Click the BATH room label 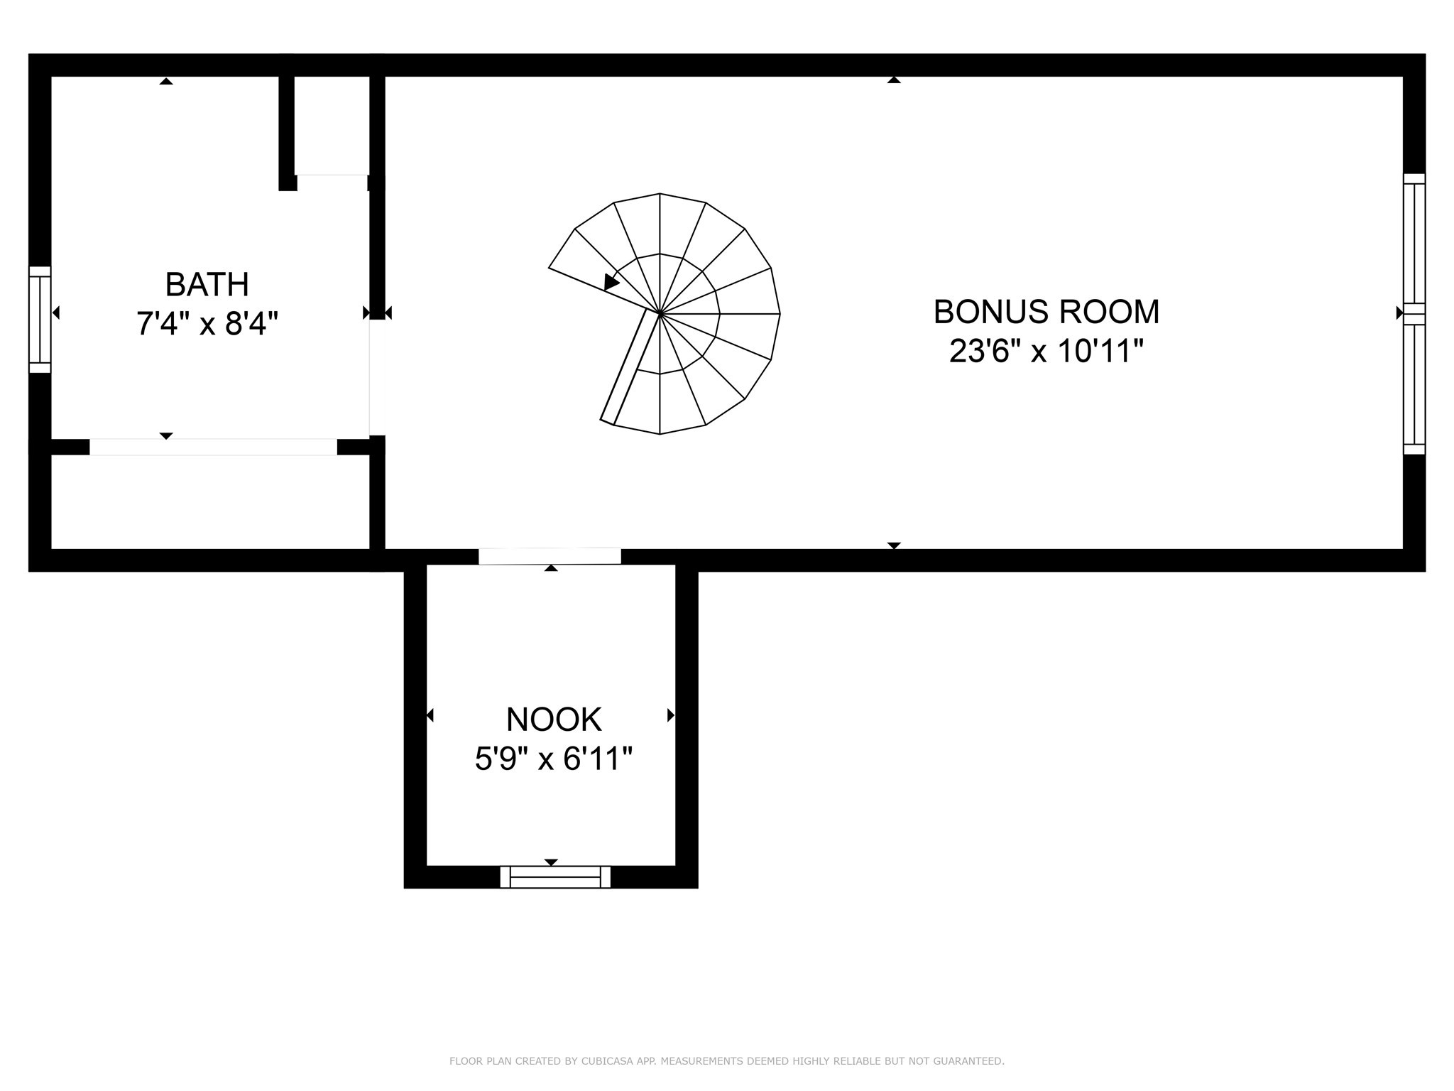pyautogui.click(x=207, y=285)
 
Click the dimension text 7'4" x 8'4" pyautogui.click(x=207, y=325)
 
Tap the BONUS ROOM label pyautogui.click(x=1046, y=312)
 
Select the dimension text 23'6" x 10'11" pyautogui.click(x=1046, y=351)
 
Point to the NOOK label pyautogui.click(x=554, y=720)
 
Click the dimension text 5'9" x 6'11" pyautogui.click(x=554, y=759)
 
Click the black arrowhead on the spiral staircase pyautogui.click(x=611, y=282)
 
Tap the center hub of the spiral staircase pyautogui.click(x=660, y=313)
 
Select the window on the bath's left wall pyautogui.click(x=40, y=320)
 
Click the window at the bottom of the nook pyautogui.click(x=555, y=876)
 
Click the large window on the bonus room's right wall pyautogui.click(x=1414, y=313)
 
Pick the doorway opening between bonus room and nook pyautogui.click(x=550, y=556)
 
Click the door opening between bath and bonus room pyautogui.click(x=377, y=377)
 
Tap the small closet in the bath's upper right pyautogui.click(x=332, y=124)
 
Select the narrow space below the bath pyautogui.click(x=210, y=501)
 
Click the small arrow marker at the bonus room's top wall pyautogui.click(x=894, y=80)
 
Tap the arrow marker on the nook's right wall pyautogui.click(x=670, y=715)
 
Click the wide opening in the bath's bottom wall pyautogui.click(x=213, y=447)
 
